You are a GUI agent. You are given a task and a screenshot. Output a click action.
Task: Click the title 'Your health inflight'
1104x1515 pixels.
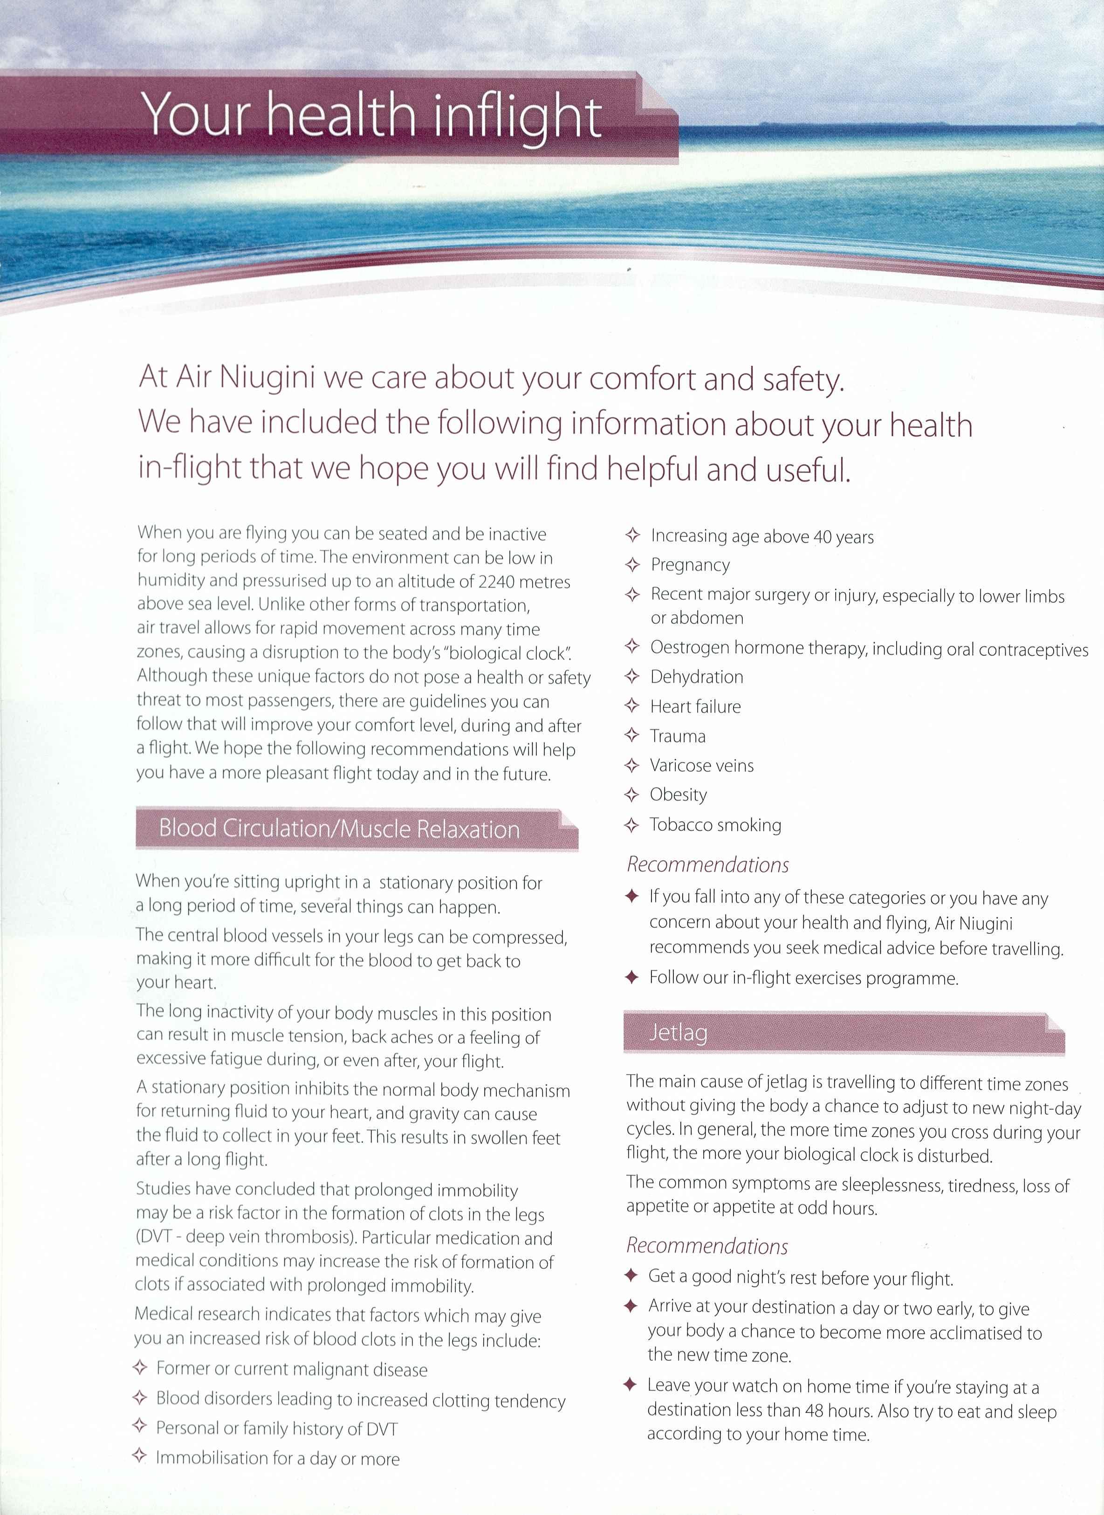pos(371,115)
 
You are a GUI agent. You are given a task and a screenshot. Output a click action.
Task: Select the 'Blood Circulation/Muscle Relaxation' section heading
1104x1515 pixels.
pos(339,829)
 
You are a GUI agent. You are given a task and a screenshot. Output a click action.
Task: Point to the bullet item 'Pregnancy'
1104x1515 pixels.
pos(690,565)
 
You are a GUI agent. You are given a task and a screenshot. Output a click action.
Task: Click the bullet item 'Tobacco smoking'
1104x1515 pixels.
pos(715,825)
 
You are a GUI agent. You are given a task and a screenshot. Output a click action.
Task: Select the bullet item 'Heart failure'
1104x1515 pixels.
pos(695,706)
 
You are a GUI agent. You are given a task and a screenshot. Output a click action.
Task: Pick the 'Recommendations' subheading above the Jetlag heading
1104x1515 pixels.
pos(707,865)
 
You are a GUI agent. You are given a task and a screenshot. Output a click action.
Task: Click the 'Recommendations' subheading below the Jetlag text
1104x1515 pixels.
pos(706,1247)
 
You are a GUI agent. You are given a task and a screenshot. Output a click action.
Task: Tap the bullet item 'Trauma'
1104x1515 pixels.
pos(677,736)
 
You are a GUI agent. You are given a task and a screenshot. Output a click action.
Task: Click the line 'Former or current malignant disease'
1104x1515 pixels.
pos(291,1369)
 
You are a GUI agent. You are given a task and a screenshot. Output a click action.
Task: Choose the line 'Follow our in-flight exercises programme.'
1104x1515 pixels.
pos(803,978)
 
